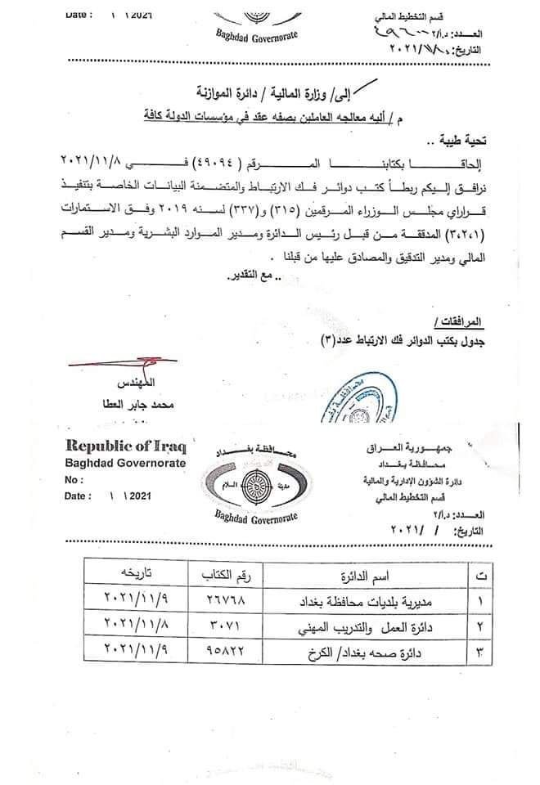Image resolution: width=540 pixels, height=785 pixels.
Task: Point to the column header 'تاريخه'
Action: point(135,576)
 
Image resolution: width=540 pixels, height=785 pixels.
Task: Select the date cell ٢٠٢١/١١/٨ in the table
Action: point(136,629)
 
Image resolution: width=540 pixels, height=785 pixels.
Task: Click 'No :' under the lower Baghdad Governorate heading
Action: point(75,480)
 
